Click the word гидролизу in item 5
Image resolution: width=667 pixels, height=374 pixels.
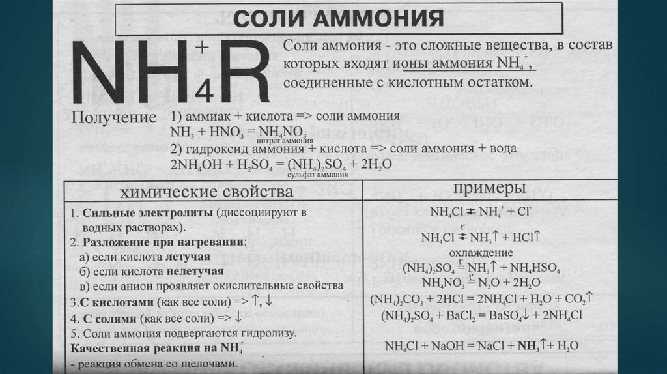point(272,334)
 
